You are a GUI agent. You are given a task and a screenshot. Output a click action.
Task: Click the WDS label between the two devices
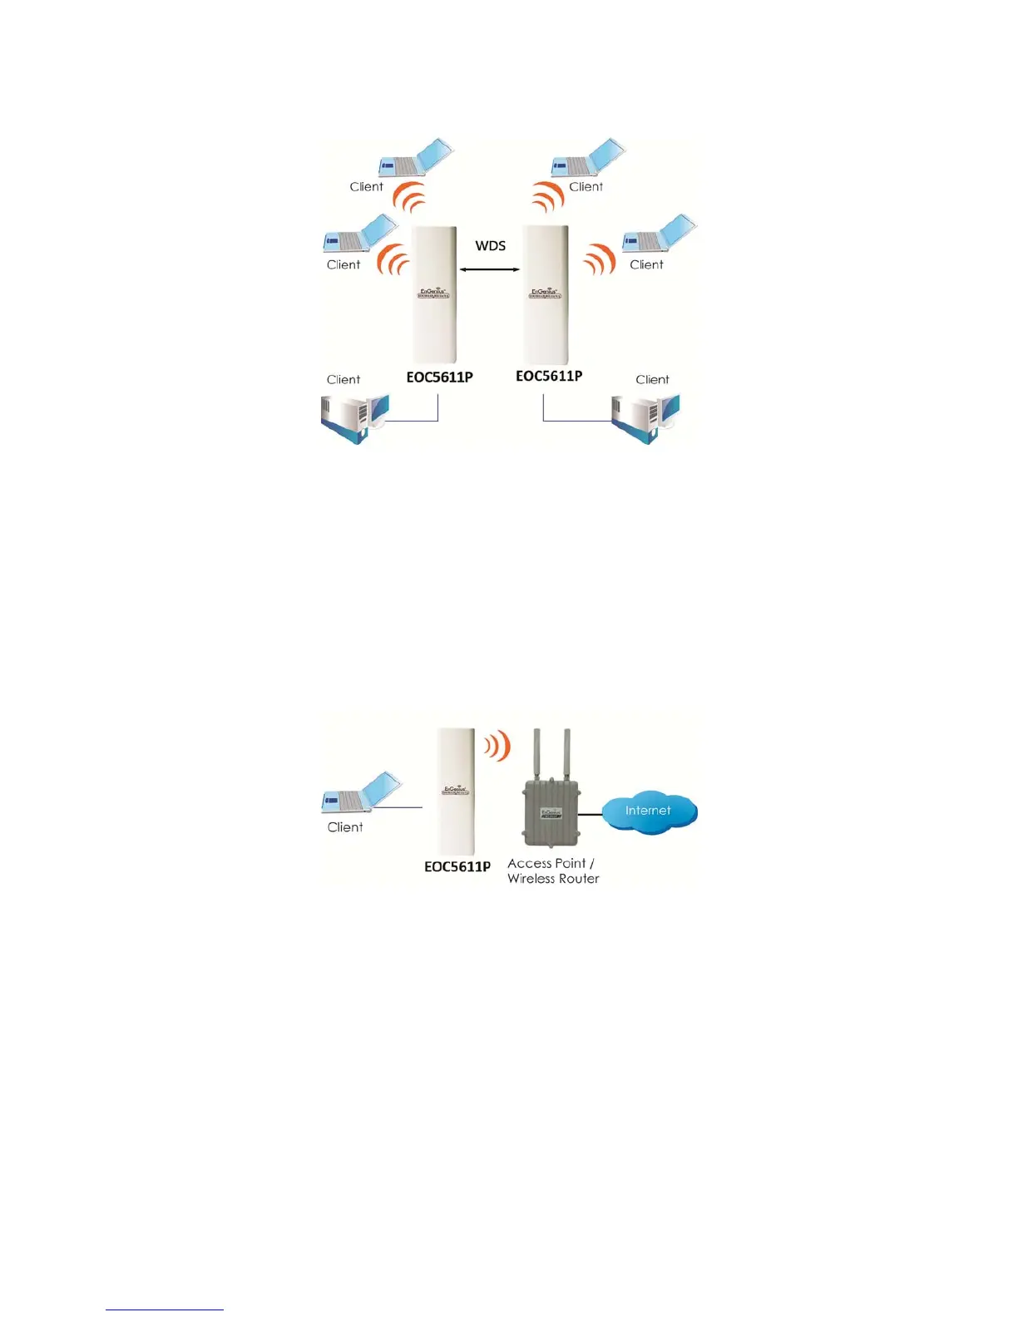490,246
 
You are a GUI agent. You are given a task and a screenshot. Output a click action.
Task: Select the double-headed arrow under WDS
490,269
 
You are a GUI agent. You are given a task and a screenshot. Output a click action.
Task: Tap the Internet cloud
649,811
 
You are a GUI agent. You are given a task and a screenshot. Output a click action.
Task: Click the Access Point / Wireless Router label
553,871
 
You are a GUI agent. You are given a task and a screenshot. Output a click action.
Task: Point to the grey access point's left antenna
536,755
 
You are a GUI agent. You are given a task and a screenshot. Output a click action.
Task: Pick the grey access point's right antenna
566,755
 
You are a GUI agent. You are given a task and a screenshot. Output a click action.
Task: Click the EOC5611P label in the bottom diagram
457,866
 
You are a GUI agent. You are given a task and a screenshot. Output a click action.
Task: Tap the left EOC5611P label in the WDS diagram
439,377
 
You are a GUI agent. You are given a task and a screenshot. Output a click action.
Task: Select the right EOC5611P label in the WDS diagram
549,376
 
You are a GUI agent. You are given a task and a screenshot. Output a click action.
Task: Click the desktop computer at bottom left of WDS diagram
353,417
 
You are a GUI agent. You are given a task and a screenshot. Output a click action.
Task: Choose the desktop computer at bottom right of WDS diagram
645,418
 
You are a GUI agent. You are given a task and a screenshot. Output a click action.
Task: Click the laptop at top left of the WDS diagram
415,159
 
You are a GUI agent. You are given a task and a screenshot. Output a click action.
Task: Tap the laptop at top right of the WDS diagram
588,158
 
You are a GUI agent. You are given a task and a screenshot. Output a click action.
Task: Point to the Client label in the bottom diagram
345,827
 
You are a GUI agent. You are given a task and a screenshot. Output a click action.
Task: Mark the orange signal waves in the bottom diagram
497,745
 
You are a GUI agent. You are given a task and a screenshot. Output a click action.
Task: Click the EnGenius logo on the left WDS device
433,293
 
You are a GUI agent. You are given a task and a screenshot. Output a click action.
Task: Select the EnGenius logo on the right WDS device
545,293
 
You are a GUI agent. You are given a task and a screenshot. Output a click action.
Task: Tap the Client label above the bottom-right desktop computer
652,380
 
